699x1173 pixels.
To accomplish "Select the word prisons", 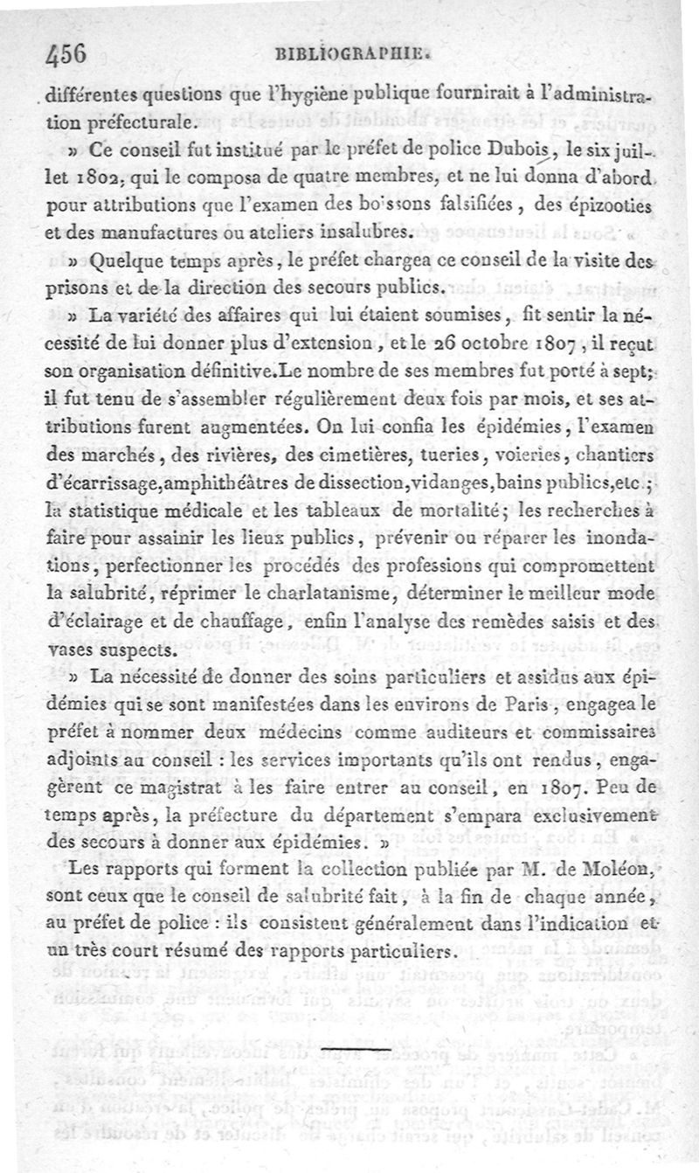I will tap(70, 287).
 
